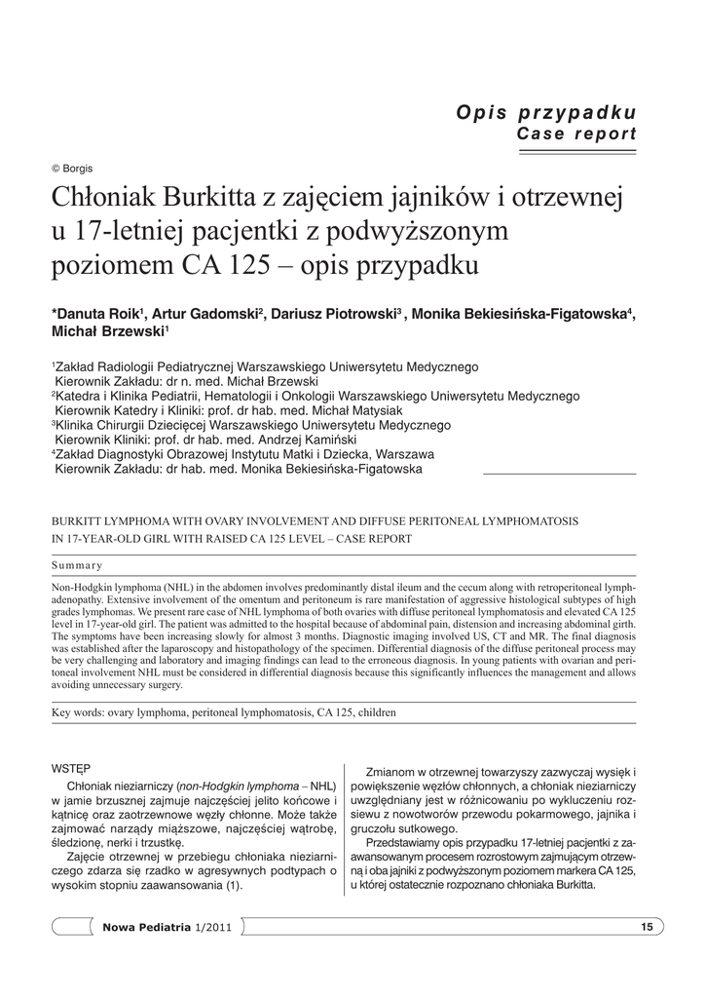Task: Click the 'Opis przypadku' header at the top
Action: tap(546, 112)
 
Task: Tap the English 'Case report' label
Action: tap(575, 134)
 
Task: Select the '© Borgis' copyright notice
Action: tap(72, 168)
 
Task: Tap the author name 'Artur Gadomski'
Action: tap(203, 314)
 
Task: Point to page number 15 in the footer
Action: tap(646, 926)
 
